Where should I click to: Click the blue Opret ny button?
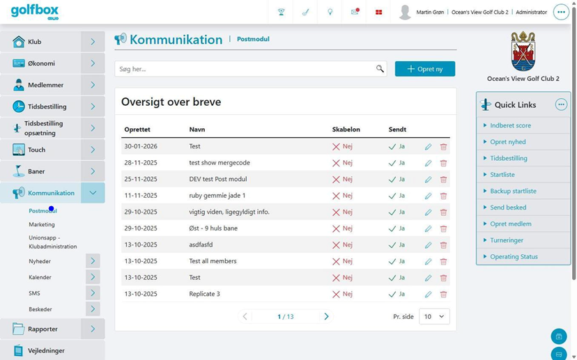click(x=425, y=69)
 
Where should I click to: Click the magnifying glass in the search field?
click(x=380, y=69)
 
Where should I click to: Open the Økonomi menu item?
click(x=41, y=63)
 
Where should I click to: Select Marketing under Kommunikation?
click(x=42, y=224)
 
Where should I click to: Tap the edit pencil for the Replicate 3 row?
click(x=428, y=294)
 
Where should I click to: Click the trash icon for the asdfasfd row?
click(x=443, y=245)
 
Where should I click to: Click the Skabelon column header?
click(x=346, y=130)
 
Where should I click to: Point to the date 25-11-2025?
click(x=141, y=179)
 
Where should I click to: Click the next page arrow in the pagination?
click(x=326, y=317)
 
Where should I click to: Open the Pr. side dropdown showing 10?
click(x=434, y=317)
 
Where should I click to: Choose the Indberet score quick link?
click(x=510, y=125)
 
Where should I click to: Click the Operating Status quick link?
click(x=514, y=257)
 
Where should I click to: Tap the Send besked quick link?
click(x=508, y=208)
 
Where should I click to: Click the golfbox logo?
click(x=35, y=12)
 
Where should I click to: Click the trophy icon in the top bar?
click(x=281, y=12)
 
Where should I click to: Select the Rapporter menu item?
click(x=43, y=329)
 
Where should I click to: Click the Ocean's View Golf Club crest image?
click(x=523, y=52)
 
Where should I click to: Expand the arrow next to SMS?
click(x=93, y=293)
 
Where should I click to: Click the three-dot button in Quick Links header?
click(x=561, y=105)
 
